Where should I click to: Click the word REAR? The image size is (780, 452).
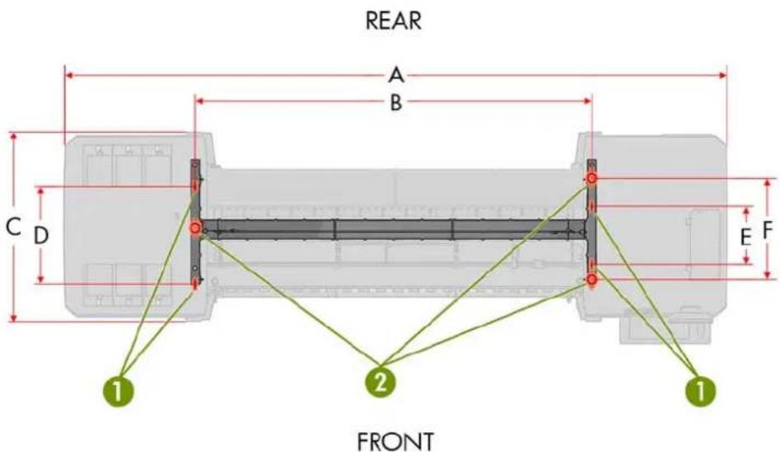click(x=394, y=21)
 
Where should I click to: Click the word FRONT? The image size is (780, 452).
click(x=395, y=441)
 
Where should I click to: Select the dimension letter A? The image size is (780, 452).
click(x=395, y=76)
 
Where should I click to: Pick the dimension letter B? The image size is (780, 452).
click(x=395, y=102)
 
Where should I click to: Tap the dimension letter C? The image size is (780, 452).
click(x=13, y=228)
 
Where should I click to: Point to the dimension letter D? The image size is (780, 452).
click(x=40, y=235)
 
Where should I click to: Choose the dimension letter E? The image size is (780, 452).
click(x=745, y=238)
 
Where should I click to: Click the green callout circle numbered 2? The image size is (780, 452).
click(x=381, y=383)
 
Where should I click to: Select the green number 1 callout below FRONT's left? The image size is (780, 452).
click(x=118, y=390)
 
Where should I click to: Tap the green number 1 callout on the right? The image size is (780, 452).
click(x=701, y=390)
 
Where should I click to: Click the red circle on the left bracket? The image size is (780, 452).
click(x=195, y=228)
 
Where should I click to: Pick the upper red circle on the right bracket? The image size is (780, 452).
click(x=592, y=178)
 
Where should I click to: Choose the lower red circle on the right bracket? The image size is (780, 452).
click(x=592, y=280)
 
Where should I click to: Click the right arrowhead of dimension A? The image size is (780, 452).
click(x=723, y=76)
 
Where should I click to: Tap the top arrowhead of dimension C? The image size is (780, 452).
click(x=13, y=137)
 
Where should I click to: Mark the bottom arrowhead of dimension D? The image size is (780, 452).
click(x=40, y=279)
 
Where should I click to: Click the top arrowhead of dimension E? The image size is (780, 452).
click(x=745, y=211)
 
